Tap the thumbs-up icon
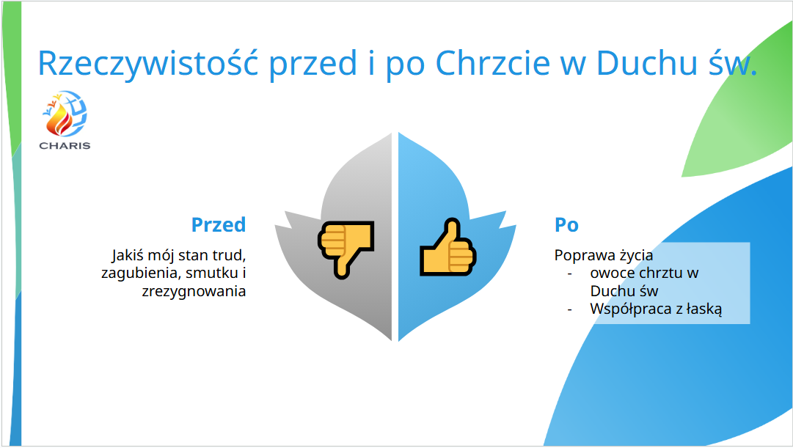(x=448, y=247)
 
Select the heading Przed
(x=219, y=224)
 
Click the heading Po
(x=566, y=224)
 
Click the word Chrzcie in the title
(x=492, y=63)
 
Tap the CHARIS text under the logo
(x=65, y=146)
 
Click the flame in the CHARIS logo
(x=58, y=120)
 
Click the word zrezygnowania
(x=194, y=292)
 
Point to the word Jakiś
(x=127, y=255)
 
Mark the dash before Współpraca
(x=570, y=309)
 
